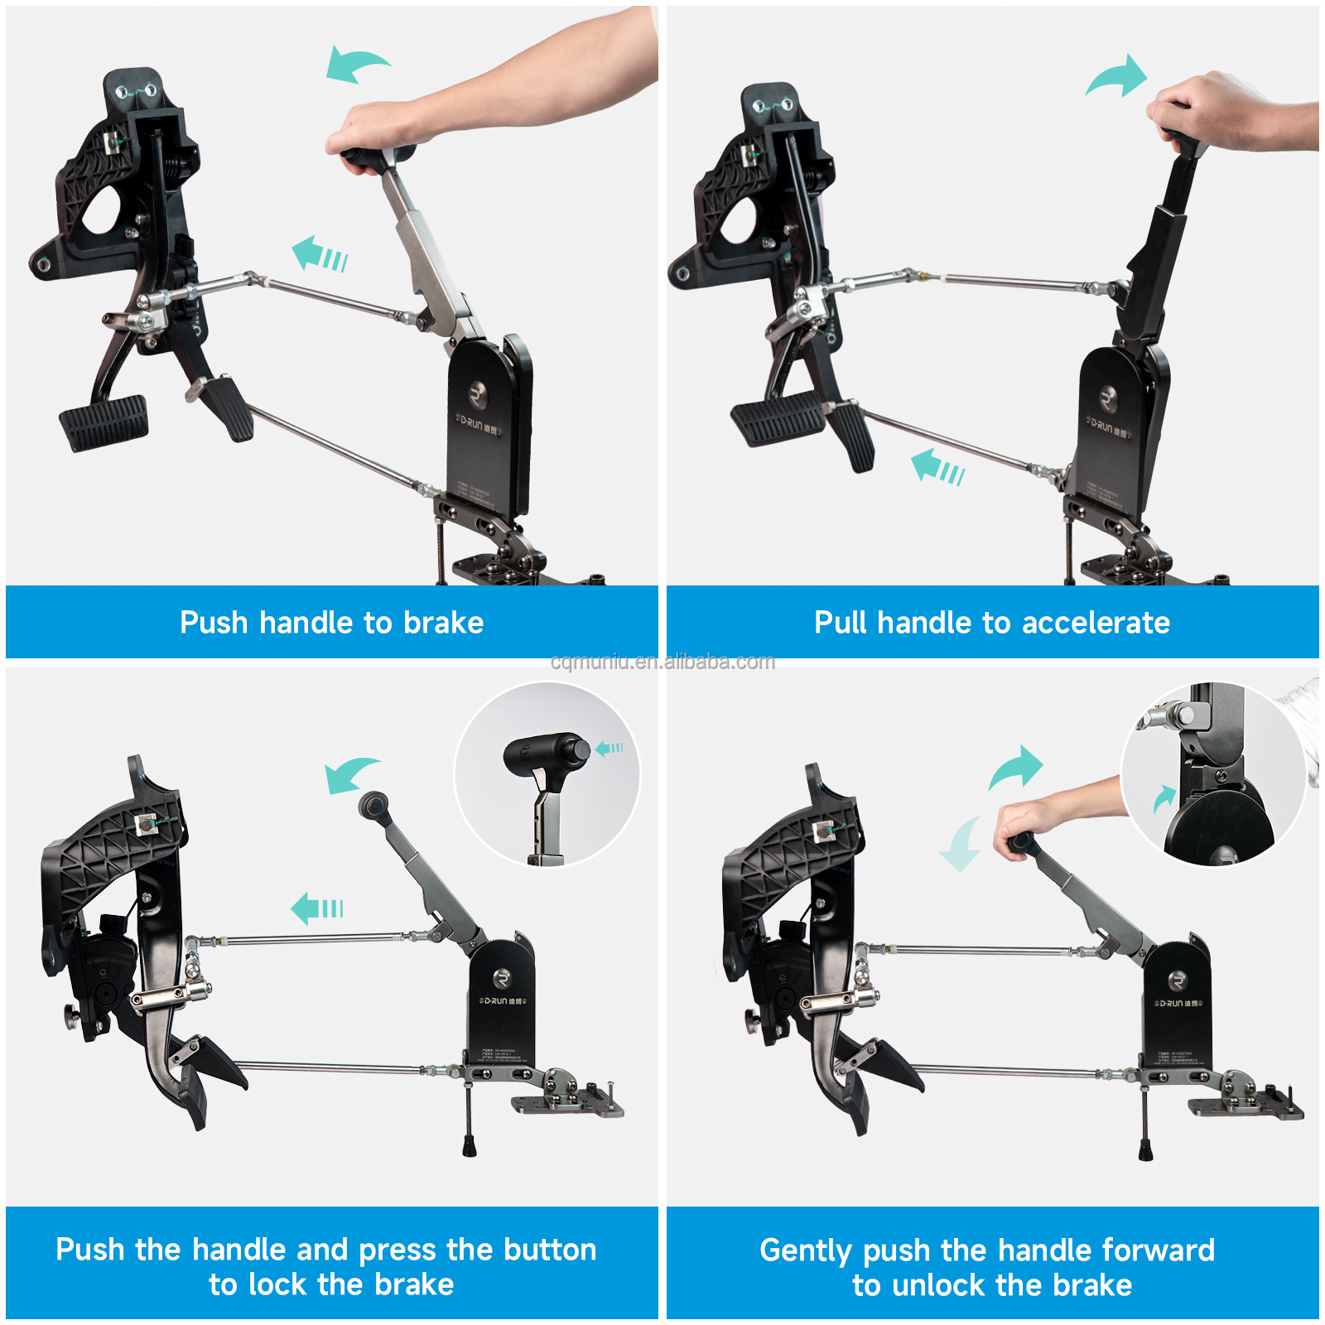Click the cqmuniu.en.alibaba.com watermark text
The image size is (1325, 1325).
(662, 662)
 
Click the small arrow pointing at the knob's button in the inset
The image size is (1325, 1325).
(609, 748)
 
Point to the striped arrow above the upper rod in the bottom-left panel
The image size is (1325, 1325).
(316, 908)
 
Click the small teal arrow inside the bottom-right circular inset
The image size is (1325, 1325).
(1164, 798)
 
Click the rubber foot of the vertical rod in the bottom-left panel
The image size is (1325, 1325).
(470, 1148)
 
